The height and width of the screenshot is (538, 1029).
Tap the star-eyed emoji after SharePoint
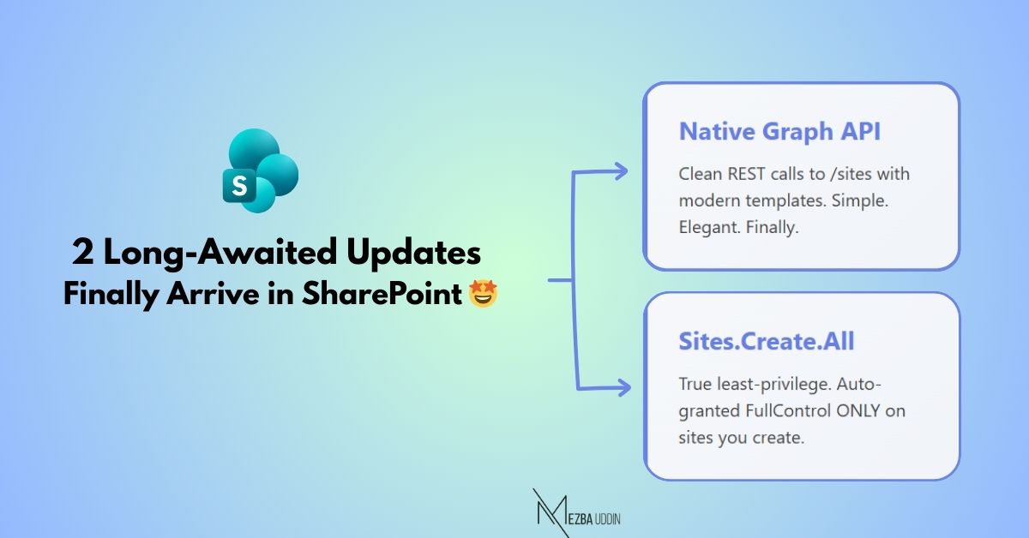coord(484,295)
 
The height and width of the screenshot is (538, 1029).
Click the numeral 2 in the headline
coord(82,254)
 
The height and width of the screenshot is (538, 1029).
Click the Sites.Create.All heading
coord(767,342)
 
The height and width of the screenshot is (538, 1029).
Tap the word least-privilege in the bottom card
coord(762,384)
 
